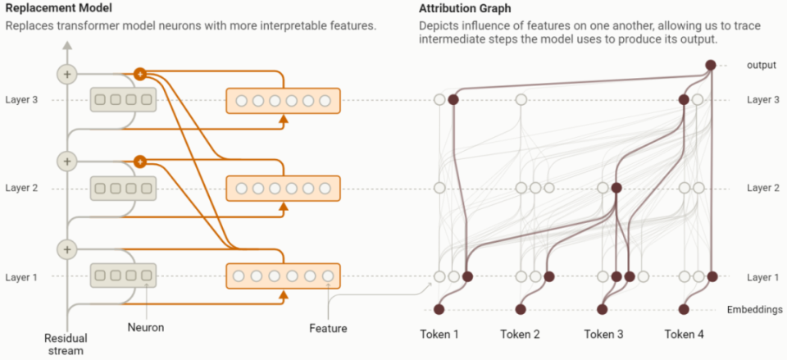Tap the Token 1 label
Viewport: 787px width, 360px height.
pos(439,334)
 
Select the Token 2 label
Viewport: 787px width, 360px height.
pos(521,334)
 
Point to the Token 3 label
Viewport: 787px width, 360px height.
pos(603,334)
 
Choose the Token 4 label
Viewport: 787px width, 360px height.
pos(685,334)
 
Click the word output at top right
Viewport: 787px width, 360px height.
pos(761,65)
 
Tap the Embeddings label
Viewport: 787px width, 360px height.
pos(754,309)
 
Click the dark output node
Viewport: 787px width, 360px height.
pos(711,65)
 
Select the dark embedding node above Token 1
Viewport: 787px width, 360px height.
pos(439,309)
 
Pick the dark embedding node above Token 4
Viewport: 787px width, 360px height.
pos(685,309)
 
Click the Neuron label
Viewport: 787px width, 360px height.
pos(146,327)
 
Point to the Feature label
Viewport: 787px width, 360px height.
pos(328,328)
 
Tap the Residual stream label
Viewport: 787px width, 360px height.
pos(66,344)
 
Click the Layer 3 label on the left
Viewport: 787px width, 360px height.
pos(21,100)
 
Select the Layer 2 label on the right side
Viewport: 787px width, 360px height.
pos(763,188)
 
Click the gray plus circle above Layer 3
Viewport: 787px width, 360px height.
pos(66,75)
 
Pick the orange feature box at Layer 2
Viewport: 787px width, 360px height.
pos(283,189)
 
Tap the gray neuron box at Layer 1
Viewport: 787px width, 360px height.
pos(123,277)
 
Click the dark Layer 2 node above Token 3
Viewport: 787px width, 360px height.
pos(616,188)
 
